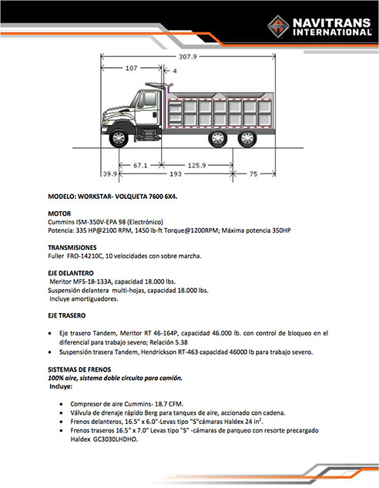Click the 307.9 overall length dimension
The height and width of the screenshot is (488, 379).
(188, 56)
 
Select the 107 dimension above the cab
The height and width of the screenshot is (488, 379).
(131, 68)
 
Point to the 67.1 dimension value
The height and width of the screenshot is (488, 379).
(140, 165)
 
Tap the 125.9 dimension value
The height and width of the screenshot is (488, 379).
(196, 165)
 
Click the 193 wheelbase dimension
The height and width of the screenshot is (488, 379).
(176, 173)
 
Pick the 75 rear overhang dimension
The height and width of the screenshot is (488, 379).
(253, 173)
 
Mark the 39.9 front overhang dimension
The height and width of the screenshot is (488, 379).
(109, 173)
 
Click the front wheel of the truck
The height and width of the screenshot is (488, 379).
(119, 138)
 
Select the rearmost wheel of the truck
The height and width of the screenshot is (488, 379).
(247, 138)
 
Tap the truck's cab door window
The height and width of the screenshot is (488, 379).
(149, 99)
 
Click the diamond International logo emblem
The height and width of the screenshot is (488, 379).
(278, 27)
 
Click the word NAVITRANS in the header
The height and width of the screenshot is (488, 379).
(332, 22)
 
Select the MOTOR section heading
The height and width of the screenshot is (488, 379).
(59, 214)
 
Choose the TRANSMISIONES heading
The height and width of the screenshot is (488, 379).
(72, 247)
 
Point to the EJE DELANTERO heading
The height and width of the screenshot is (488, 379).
(71, 273)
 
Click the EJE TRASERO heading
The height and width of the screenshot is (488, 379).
(66, 315)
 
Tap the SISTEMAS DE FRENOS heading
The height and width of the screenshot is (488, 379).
(79, 369)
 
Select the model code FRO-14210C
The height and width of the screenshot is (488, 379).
(86, 256)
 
